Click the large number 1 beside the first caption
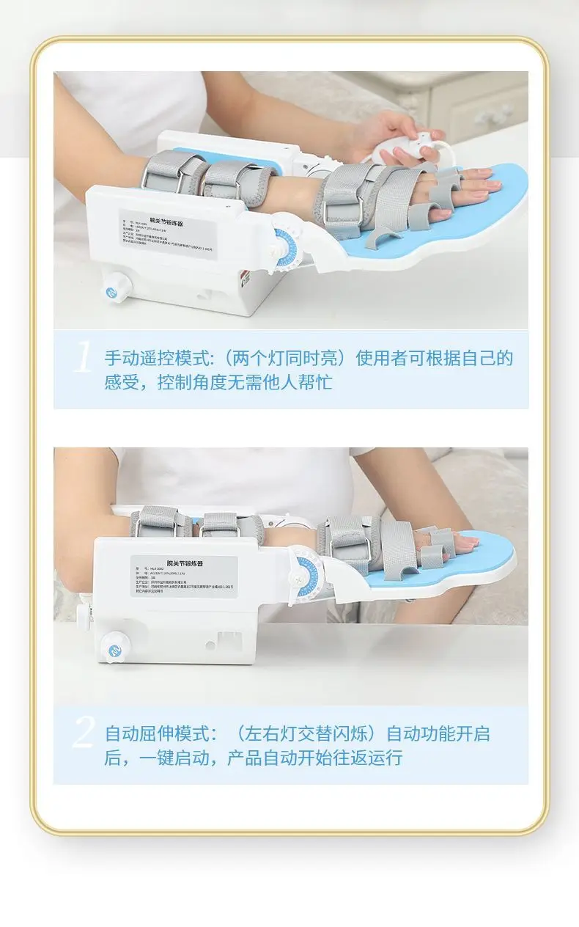[83, 359]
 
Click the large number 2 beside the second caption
[84, 733]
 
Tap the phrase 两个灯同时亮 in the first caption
[281, 358]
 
